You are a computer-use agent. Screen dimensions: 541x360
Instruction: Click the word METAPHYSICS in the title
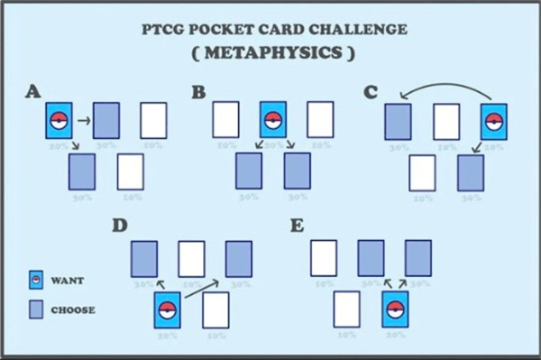(x=270, y=52)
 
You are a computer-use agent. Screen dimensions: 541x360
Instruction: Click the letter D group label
(x=117, y=225)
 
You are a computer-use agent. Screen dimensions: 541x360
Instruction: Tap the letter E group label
(x=296, y=225)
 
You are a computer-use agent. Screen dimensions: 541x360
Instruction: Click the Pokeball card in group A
(x=60, y=121)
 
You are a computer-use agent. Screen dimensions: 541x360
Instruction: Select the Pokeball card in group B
(x=272, y=121)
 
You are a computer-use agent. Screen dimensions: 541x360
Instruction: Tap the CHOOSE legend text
(x=72, y=310)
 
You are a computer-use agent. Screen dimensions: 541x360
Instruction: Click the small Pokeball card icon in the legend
(x=35, y=281)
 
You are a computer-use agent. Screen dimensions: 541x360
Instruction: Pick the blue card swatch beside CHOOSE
(x=35, y=310)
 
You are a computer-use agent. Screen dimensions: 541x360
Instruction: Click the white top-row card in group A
(x=153, y=121)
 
